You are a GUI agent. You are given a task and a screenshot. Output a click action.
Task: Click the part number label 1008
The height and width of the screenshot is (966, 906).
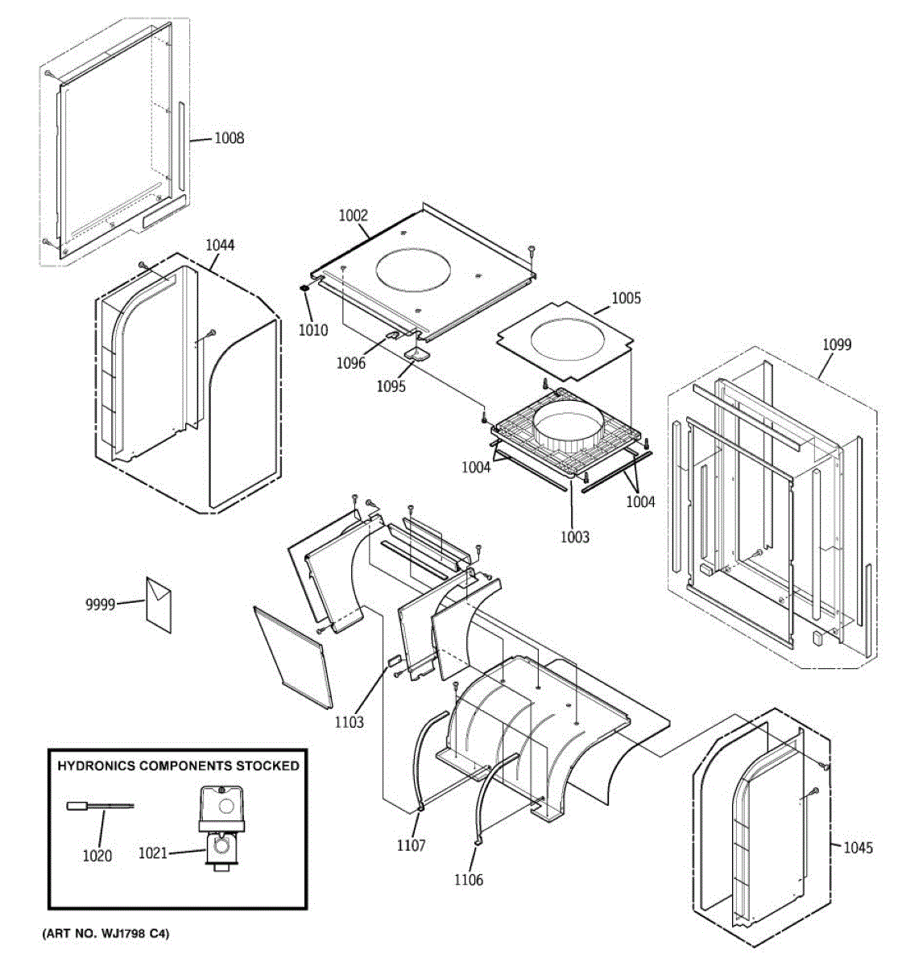click(229, 138)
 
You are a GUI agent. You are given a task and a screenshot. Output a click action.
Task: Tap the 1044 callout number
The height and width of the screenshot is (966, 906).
click(220, 245)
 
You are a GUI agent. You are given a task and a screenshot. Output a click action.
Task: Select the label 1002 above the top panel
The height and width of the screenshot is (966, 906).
click(353, 215)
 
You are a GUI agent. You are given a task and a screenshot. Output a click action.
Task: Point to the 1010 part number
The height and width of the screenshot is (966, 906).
click(313, 330)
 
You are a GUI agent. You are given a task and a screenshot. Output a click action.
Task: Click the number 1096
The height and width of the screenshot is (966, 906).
click(350, 363)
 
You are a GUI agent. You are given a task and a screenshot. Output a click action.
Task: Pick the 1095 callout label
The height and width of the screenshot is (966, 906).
click(391, 386)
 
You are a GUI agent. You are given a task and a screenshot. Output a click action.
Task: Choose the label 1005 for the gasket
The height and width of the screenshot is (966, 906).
click(626, 299)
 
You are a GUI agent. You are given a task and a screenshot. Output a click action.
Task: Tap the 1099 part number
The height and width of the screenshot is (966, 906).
click(837, 345)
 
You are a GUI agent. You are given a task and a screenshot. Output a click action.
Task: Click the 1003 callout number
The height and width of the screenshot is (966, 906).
click(576, 537)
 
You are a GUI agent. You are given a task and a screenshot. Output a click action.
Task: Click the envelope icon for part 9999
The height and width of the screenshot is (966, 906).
click(159, 605)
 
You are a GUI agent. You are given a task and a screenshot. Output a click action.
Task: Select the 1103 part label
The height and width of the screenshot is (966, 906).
click(350, 722)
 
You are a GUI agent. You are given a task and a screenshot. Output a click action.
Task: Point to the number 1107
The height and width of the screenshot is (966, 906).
click(411, 845)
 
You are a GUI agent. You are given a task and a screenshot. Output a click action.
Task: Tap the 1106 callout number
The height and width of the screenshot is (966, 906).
click(469, 880)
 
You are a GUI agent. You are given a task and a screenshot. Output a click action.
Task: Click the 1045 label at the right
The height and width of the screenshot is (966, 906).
click(858, 848)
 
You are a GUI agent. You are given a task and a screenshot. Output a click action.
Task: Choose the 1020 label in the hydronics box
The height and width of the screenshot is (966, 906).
click(97, 857)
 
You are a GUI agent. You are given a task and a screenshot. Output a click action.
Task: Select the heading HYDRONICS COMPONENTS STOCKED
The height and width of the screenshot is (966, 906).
click(178, 766)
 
